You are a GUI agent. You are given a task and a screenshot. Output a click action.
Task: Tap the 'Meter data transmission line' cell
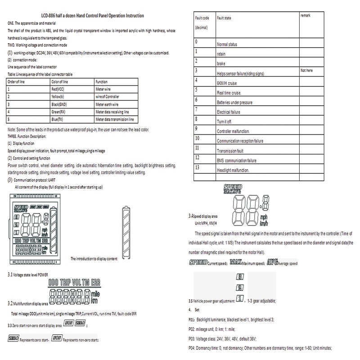[x=115, y=119]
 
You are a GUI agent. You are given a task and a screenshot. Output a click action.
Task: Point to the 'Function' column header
[x=102, y=82]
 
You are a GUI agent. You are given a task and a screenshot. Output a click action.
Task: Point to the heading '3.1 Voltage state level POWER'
[x=32, y=274]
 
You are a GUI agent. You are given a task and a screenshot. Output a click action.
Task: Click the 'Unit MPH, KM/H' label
[x=206, y=223]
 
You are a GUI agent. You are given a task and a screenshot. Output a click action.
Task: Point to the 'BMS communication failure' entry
[x=237, y=161]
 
